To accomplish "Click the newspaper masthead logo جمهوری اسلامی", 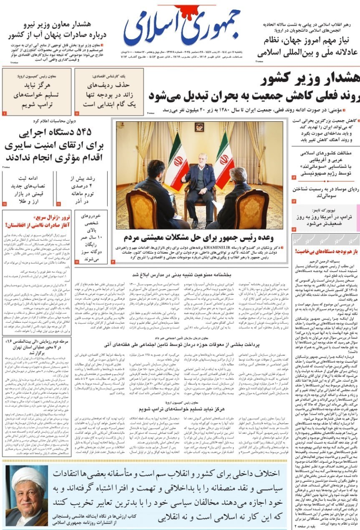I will [x=182, y=27].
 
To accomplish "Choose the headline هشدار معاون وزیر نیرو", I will [x=54, y=29].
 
